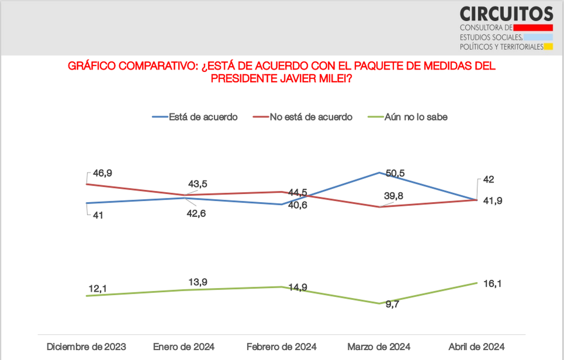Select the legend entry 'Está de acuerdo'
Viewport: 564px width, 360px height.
coord(203,117)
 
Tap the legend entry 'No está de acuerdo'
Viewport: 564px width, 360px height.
coord(311,117)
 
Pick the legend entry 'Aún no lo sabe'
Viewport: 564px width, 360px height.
coord(415,117)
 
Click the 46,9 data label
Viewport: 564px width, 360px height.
coord(102,173)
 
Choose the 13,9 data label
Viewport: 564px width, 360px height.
coord(197,282)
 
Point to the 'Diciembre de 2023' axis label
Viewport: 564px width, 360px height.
coord(86,347)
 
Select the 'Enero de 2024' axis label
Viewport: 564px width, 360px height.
coord(184,347)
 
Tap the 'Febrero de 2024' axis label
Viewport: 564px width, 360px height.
coord(282,347)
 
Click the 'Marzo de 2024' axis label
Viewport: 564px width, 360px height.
coord(379,347)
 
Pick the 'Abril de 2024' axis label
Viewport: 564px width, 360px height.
coord(477,347)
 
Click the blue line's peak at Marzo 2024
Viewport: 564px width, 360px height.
coord(379,172)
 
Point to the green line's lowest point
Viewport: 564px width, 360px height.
coord(379,304)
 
